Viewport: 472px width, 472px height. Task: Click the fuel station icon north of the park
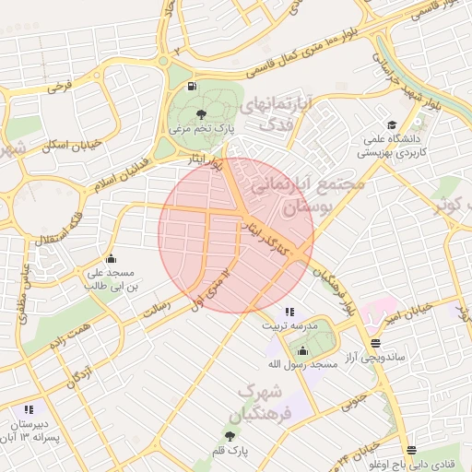tap(192, 87)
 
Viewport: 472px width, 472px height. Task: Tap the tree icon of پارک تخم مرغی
tap(202, 113)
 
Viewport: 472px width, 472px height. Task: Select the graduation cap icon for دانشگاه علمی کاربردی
tap(391, 124)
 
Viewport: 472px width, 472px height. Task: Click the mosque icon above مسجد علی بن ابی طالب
tap(112, 258)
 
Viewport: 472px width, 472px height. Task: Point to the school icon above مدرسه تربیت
tap(289, 312)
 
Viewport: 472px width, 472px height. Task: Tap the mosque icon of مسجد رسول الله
tap(302, 350)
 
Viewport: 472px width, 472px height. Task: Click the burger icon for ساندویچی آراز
tap(374, 342)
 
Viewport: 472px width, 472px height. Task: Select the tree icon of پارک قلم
tap(229, 435)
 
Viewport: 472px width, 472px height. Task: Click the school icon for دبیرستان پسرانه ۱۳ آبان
tap(29, 408)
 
